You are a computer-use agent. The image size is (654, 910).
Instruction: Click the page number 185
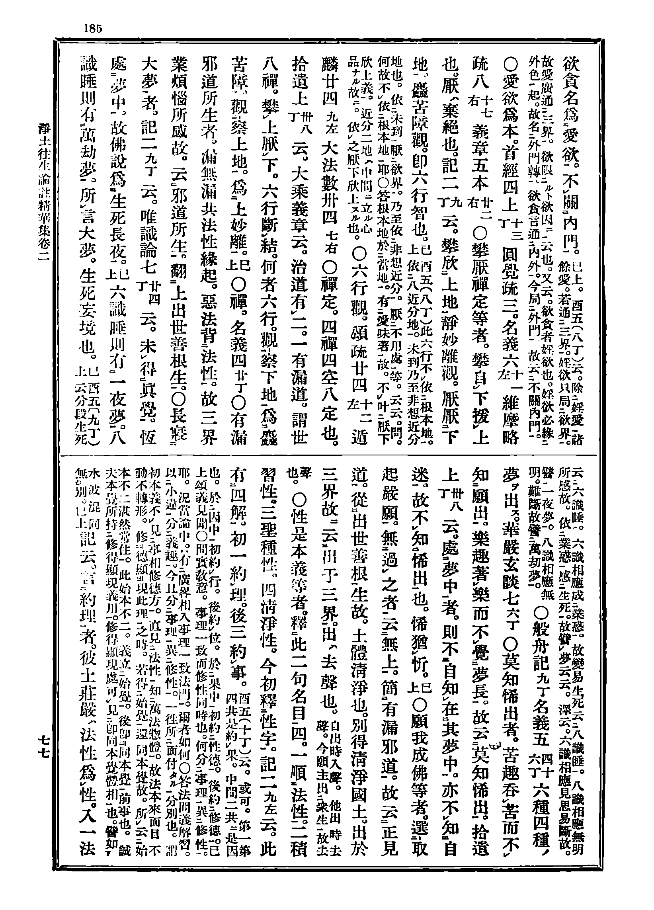[x=93, y=29]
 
